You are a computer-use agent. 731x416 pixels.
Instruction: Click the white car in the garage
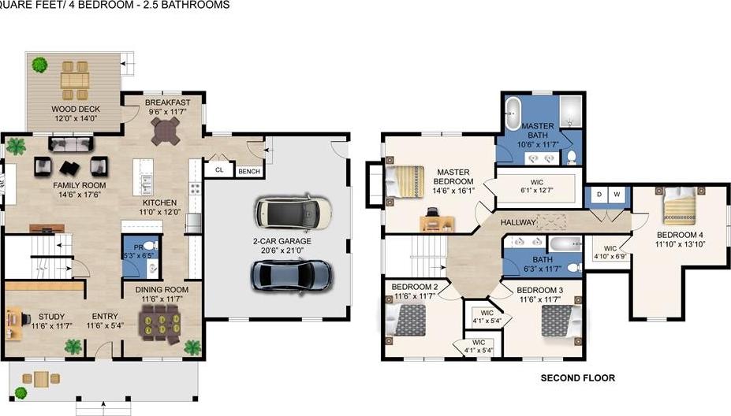pyautogui.click(x=293, y=211)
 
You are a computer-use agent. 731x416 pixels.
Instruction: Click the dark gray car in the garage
pyautogui.click(x=291, y=275)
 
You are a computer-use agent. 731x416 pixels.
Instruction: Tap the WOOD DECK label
pyautogui.click(x=74, y=110)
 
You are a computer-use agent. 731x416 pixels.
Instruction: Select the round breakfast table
pyautogui.click(x=167, y=133)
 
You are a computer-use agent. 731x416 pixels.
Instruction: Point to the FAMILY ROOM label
pyautogui.click(x=79, y=186)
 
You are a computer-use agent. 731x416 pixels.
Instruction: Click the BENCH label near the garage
pyautogui.click(x=249, y=170)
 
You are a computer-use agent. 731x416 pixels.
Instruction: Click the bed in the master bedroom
pyautogui.click(x=405, y=182)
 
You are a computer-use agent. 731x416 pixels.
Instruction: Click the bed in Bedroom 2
pyautogui.click(x=408, y=321)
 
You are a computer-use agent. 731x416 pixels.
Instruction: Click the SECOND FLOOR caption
pyautogui.click(x=577, y=378)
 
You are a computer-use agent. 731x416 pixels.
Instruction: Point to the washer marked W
pyautogui.click(x=617, y=194)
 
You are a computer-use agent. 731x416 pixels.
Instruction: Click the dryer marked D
pyautogui.click(x=599, y=194)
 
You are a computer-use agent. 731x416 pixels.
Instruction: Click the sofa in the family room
pyautogui.click(x=71, y=145)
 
